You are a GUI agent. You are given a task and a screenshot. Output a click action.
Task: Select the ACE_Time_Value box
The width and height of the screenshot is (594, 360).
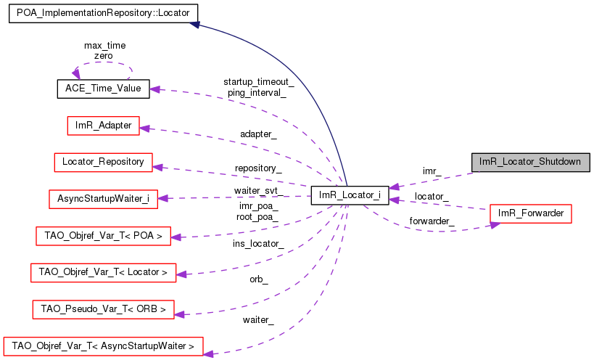[x=103, y=89]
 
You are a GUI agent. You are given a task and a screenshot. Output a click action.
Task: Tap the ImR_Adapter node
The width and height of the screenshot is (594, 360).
[x=103, y=126]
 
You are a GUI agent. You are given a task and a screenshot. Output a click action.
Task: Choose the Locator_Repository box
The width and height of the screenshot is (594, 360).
[x=103, y=162]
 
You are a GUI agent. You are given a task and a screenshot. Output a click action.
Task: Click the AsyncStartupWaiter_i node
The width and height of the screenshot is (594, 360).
[x=103, y=198]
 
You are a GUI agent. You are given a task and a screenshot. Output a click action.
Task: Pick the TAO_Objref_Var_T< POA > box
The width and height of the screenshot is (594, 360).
[x=103, y=235]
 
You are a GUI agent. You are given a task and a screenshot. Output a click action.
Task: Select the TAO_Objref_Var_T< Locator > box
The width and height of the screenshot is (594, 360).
[x=103, y=272]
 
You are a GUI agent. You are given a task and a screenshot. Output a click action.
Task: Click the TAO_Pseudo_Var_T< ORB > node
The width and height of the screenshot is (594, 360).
[x=103, y=309]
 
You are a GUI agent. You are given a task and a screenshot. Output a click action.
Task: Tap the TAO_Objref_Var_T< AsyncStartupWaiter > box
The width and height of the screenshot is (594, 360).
[x=103, y=346]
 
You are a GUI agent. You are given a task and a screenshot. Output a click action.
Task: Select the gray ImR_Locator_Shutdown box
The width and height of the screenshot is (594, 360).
[x=530, y=162]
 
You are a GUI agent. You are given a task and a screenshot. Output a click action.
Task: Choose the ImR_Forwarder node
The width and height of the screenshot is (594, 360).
[x=531, y=213]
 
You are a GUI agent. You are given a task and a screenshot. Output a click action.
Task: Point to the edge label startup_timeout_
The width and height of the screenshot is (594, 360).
[x=258, y=82]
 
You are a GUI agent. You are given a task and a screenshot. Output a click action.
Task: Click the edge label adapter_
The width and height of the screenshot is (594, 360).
[x=258, y=134]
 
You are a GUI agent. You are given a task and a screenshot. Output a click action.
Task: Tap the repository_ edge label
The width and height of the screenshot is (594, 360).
[x=258, y=168]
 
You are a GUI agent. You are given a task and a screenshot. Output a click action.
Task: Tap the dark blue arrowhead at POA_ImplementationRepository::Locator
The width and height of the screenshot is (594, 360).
[x=195, y=25]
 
